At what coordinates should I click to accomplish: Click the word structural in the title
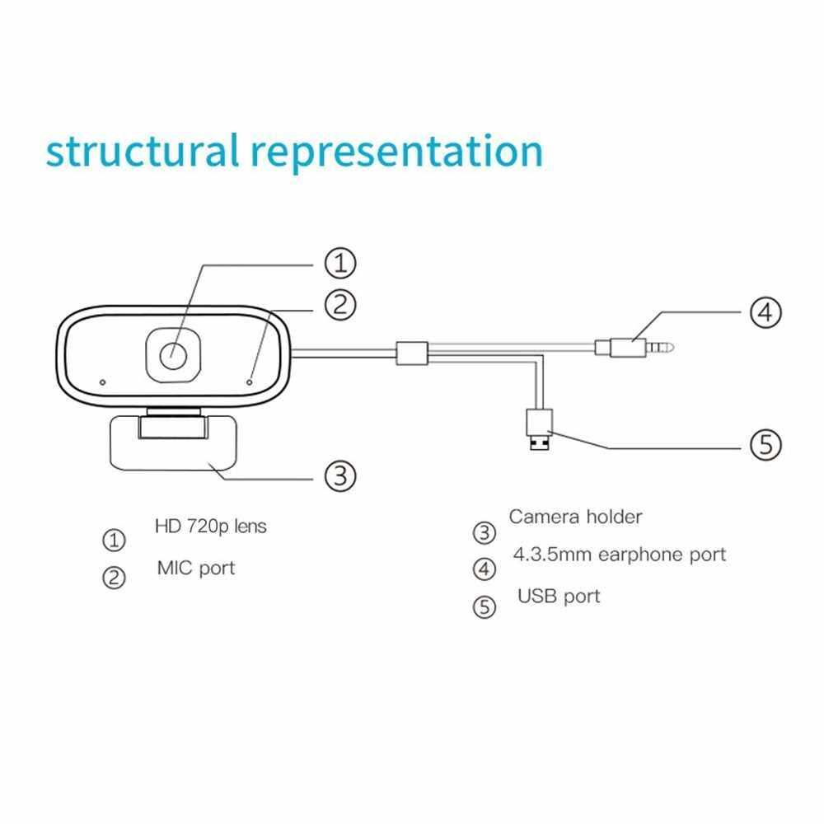click(x=142, y=152)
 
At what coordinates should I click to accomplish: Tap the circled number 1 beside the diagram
click(x=339, y=265)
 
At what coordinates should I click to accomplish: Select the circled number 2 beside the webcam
click(x=339, y=305)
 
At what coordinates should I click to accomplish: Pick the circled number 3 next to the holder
click(x=339, y=475)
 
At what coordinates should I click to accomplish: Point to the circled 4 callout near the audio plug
click(x=765, y=312)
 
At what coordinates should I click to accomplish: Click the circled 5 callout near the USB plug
click(x=765, y=446)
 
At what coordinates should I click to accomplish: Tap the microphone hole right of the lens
click(x=250, y=382)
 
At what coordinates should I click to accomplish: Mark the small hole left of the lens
click(x=102, y=382)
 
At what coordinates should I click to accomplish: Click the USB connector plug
click(x=539, y=428)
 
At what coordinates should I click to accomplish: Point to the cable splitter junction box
click(x=411, y=353)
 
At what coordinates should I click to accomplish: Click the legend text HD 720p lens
click(x=211, y=526)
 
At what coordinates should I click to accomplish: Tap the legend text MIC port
click(x=196, y=568)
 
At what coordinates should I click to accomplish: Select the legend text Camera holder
click(x=575, y=517)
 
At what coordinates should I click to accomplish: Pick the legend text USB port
click(x=559, y=596)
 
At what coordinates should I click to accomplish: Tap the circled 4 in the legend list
click(x=485, y=569)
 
